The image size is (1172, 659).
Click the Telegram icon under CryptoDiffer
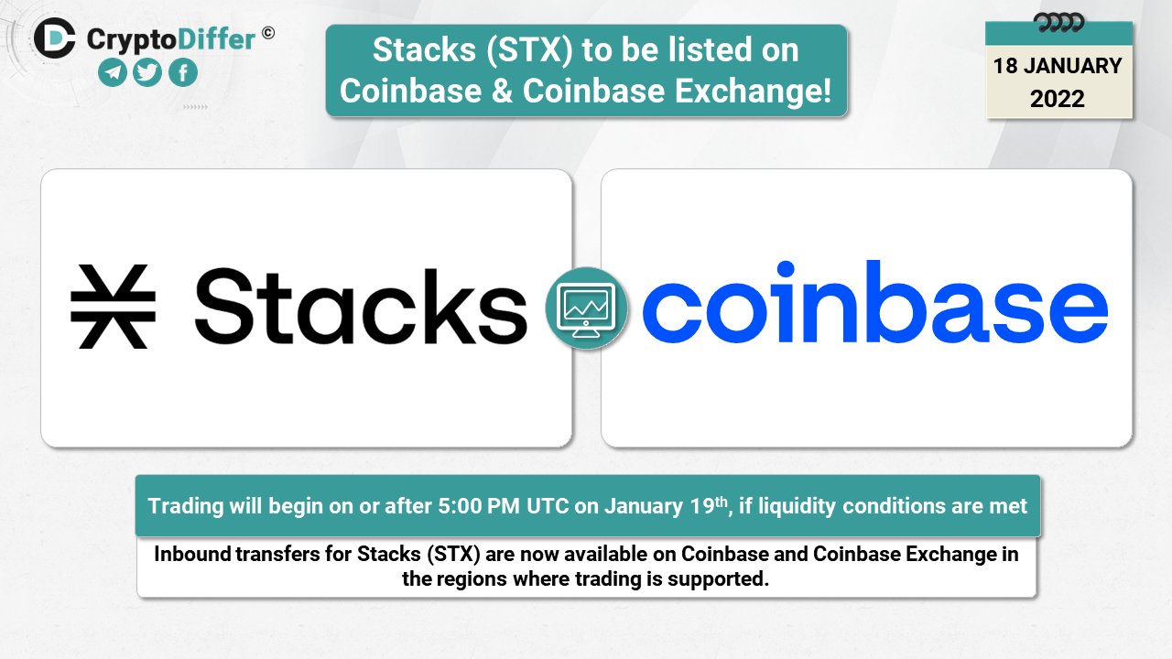[x=113, y=73]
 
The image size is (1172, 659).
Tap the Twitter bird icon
[x=147, y=73]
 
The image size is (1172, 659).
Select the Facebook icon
[x=182, y=73]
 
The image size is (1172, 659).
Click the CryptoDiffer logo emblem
[x=55, y=38]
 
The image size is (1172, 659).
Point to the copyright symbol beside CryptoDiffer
[x=267, y=33]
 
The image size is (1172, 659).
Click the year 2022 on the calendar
[x=1058, y=99]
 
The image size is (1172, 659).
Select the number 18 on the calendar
[x=1006, y=66]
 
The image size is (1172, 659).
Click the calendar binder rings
[x=1058, y=22]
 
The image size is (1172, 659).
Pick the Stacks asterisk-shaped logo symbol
[x=113, y=307]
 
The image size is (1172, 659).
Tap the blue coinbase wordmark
[x=874, y=305]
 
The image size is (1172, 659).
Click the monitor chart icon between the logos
[x=586, y=308]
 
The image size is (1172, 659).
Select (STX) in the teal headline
[x=526, y=50]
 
